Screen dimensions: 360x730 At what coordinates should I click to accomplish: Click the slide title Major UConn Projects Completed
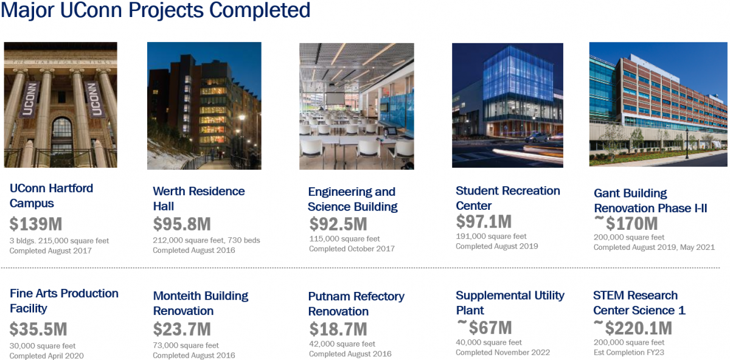tap(155, 10)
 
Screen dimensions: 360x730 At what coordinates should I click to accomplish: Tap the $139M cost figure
tap(36, 224)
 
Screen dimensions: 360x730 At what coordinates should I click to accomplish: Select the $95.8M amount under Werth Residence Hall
tap(182, 224)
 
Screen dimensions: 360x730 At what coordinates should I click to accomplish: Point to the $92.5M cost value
tap(338, 224)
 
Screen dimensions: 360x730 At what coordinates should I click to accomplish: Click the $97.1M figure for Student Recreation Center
tap(484, 221)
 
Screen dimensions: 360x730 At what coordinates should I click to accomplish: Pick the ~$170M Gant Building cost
tap(626, 223)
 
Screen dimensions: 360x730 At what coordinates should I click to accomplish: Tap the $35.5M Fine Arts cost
tap(38, 329)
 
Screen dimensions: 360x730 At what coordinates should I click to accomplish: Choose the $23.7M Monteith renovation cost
tap(182, 329)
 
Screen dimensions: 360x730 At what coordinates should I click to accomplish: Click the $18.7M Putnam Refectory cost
tap(338, 329)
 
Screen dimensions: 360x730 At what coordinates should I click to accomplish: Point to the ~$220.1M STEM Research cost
tap(633, 328)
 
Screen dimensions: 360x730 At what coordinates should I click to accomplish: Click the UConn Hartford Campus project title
tap(51, 196)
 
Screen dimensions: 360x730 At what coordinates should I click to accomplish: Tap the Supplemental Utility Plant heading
tap(510, 302)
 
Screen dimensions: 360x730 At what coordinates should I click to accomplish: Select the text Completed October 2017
tap(352, 249)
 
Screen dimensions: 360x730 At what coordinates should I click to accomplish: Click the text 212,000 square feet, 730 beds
tap(206, 240)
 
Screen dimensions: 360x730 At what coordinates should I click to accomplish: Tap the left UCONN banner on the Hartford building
tap(28, 99)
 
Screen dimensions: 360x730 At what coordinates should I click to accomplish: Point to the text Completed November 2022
tap(502, 353)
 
